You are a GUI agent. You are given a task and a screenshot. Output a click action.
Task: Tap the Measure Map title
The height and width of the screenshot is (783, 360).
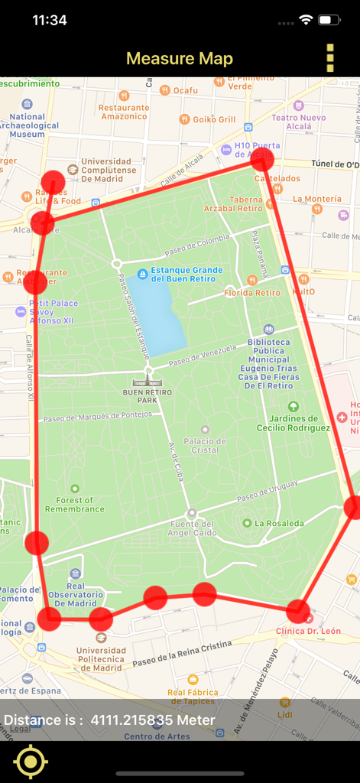pos(180,59)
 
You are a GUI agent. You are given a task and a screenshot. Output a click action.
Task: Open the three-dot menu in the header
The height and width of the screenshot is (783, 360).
pos(330,58)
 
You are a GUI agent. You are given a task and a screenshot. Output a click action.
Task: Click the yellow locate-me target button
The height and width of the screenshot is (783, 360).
pos(31,762)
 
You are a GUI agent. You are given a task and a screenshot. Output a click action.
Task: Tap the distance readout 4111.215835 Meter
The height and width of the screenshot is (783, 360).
pos(153,720)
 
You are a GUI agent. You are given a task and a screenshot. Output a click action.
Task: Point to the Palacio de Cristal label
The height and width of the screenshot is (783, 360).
pos(205,445)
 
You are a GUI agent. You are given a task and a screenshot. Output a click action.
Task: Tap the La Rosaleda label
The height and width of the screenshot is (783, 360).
pos(279,523)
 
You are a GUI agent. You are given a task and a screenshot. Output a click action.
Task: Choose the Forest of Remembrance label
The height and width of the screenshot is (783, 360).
pos(75,504)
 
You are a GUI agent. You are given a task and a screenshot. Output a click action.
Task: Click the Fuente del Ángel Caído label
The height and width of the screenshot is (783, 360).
pos(192,527)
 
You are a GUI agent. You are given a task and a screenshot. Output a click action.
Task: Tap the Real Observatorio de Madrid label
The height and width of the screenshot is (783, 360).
pos(76,598)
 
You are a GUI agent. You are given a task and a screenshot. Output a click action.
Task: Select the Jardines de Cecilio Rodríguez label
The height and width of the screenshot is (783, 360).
pos(294,423)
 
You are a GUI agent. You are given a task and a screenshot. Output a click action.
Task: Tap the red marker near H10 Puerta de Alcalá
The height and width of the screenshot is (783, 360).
pos(262,160)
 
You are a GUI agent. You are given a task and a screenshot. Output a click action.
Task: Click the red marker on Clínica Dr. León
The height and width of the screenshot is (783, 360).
pos(298,611)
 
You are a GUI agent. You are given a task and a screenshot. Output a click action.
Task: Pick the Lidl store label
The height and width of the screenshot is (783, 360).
pos(285,714)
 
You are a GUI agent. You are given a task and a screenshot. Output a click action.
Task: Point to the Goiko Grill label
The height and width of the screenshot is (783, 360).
pos(214,119)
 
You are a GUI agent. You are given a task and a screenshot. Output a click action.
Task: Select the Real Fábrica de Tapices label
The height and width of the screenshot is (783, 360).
pos(193,696)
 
